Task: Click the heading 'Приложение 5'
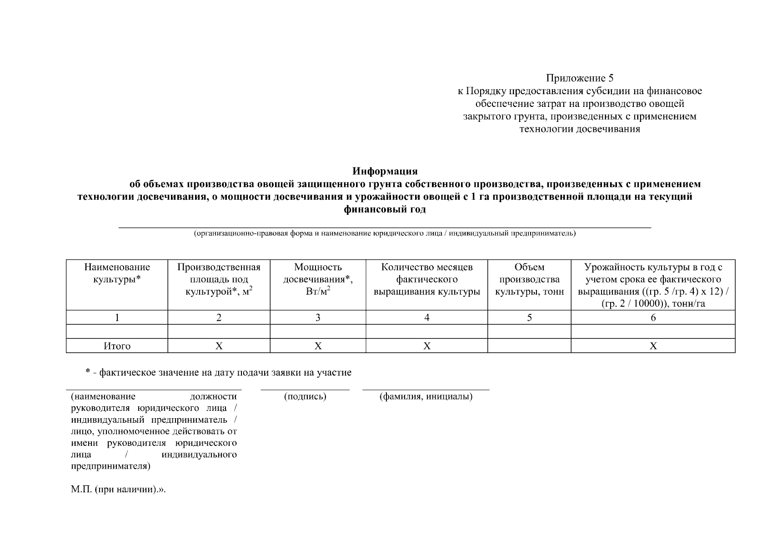tap(580, 78)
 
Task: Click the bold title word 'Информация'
tap(385, 172)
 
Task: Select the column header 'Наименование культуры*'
tap(117, 273)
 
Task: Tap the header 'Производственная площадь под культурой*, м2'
tap(219, 279)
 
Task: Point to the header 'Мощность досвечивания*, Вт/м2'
tap(318, 279)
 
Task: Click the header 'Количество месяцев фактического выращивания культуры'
tap(426, 279)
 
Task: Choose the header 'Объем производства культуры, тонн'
tap(529, 279)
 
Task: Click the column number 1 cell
tap(117, 318)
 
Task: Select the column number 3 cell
tap(318, 318)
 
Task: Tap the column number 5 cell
tap(529, 318)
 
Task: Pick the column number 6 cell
tap(653, 318)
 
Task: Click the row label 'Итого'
tap(117, 346)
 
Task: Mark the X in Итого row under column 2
tap(219, 346)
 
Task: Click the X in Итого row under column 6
tap(653, 346)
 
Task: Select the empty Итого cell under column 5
tap(529, 346)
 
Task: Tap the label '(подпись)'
tap(305, 397)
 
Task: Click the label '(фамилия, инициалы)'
tap(426, 397)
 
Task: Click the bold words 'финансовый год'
tap(385, 210)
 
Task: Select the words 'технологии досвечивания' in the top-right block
tap(580, 129)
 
